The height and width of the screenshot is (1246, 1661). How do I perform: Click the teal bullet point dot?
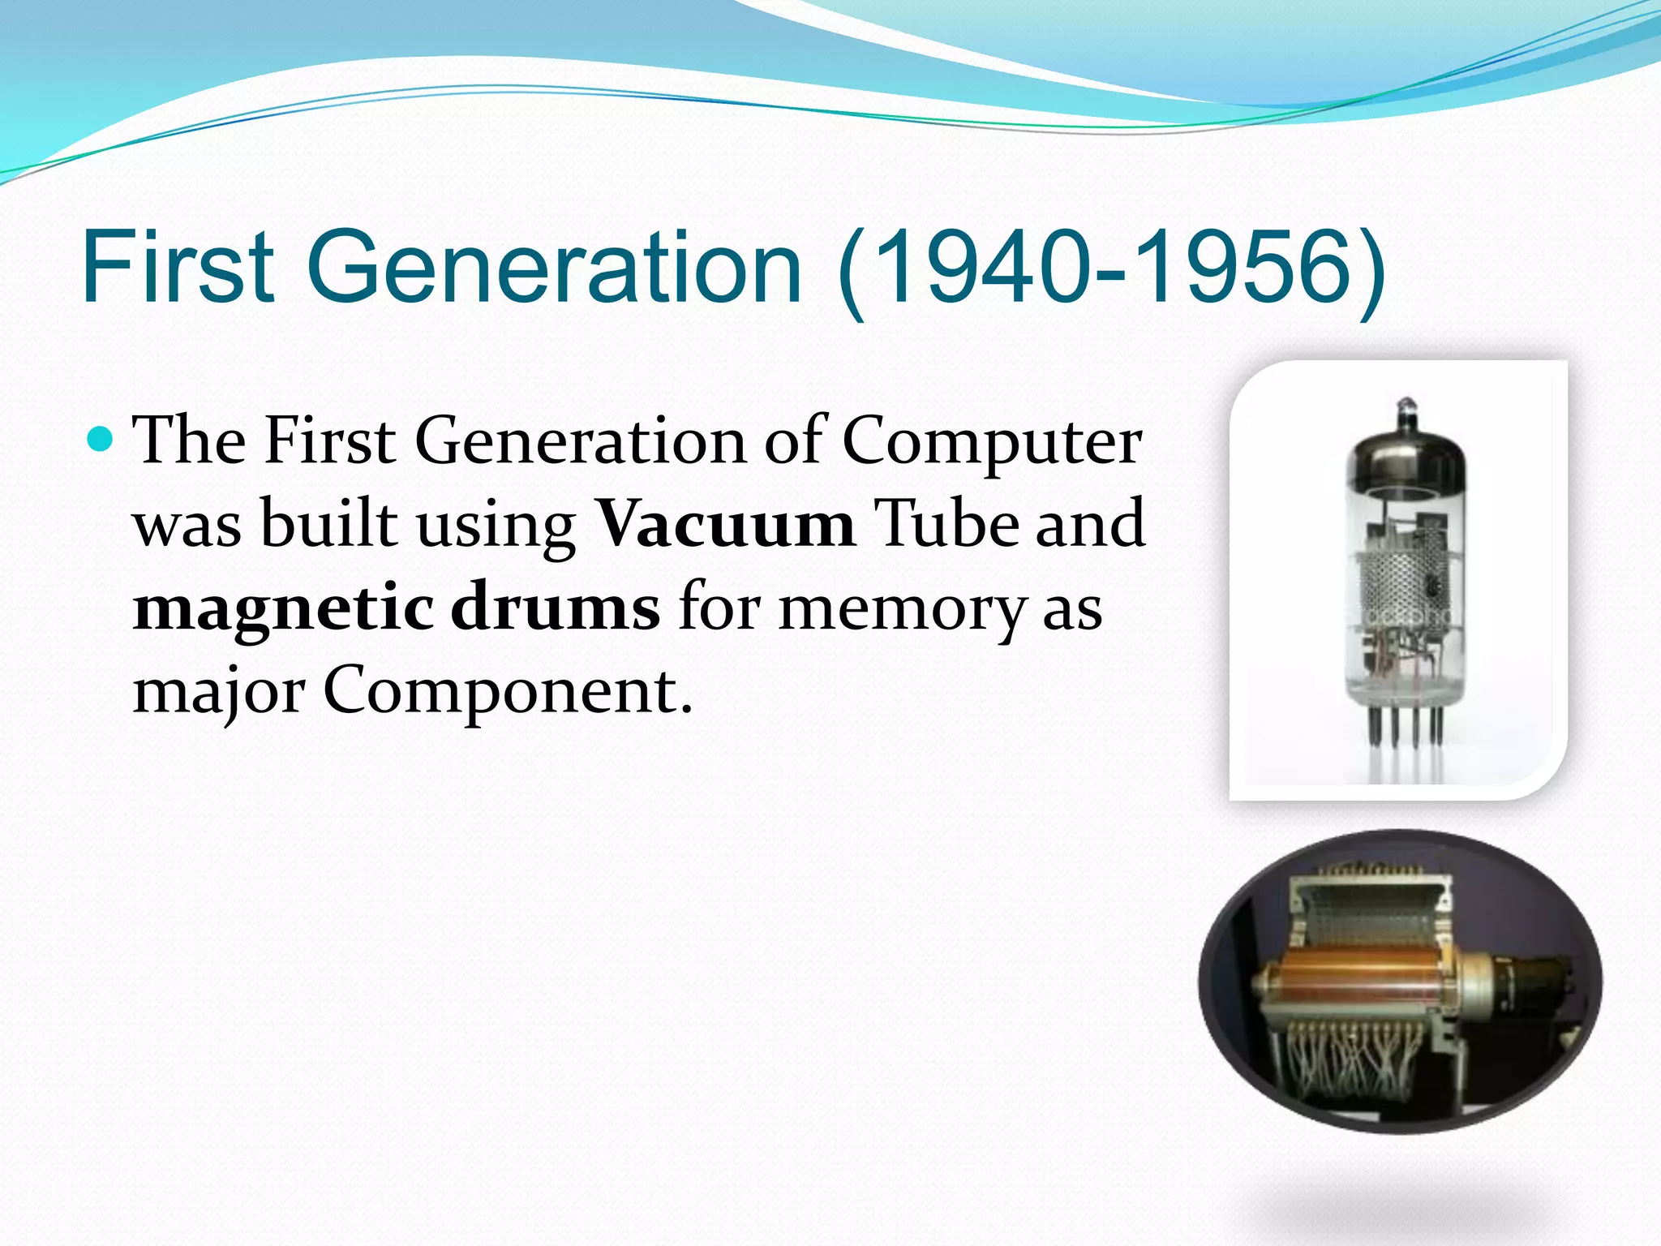pyautogui.click(x=101, y=440)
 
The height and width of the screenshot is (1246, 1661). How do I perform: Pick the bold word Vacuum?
pyautogui.click(x=724, y=524)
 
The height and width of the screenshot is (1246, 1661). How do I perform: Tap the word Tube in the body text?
pyautogui.click(x=946, y=524)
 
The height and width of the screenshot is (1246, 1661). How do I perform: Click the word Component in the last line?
pyautogui.click(x=508, y=693)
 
